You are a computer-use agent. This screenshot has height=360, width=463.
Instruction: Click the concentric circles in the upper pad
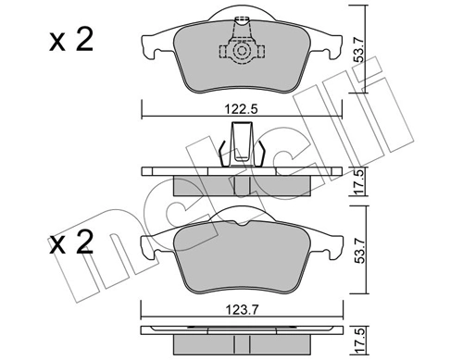[242, 55]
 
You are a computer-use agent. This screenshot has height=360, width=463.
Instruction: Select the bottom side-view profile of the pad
[242, 332]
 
